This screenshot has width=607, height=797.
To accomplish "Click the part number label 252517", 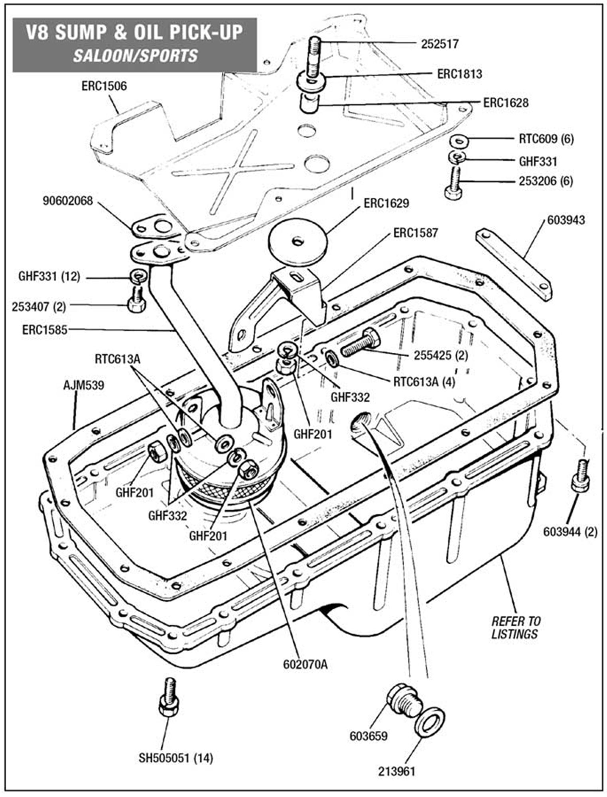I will (439, 44).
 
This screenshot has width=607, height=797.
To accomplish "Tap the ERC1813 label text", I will (459, 74).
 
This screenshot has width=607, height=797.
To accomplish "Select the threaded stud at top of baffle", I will (313, 56).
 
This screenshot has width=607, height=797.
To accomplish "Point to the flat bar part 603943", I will (513, 264).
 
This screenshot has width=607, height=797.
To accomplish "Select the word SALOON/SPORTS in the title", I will (135, 56).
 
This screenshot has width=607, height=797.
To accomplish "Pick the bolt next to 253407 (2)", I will (136, 301).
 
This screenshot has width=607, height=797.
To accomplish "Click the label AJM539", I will (83, 385).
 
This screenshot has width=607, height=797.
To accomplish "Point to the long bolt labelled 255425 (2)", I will (361, 343).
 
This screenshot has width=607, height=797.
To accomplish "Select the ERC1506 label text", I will (104, 86).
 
